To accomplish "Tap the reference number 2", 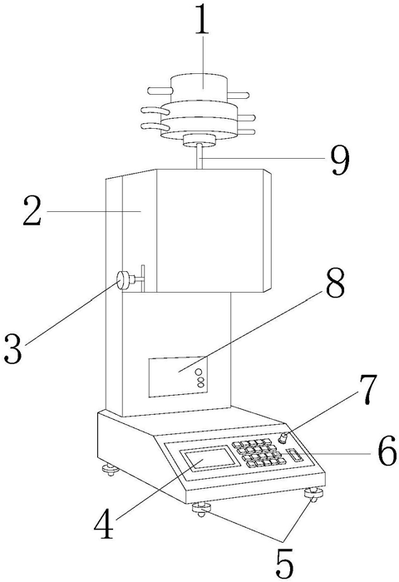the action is pyautogui.click(x=32, y=211).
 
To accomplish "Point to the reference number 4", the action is pyautogui.click(x=104, y=525).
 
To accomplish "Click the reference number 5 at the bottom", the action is pyautogui.click(x=284, y=565).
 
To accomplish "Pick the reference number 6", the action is pyautogui.click(x=387, y=454).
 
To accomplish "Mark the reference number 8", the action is pyautogui.click(x=336, y=284).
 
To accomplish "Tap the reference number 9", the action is pyautogui.click(x=340, y=160).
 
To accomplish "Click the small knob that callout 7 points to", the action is pyautogui.click(x=285, y=437).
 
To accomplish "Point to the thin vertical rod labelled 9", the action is pyautogui.click(x=200, y=157).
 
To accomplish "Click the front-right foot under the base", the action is pyautogui.click(x=313, y=495).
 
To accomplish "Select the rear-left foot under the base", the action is pyautogui.click(x=111, y=470).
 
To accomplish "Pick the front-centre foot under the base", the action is pyautogui.click(x=201, y=509).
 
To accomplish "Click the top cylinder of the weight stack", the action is pyautogui.click(x=199, y=87).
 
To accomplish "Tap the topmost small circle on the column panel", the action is pyautogui.click(x=199, y=371).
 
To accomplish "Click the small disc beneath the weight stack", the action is pyautogui.click(x=199, y=141).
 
